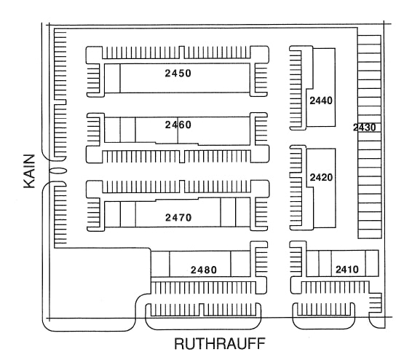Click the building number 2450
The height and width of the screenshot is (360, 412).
[178, 74]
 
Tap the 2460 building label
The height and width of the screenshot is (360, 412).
[178, 125]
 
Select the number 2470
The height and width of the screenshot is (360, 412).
[178, 217]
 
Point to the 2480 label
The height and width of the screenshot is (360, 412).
[204, 270]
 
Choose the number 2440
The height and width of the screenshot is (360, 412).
[321, 101]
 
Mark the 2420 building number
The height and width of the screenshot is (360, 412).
[321, 177]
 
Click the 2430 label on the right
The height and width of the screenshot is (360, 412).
[364, 128]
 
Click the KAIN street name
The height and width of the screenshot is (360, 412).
[30, 171]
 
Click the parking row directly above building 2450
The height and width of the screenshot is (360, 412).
[178, 52]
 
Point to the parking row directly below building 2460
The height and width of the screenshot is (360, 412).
[178, 157]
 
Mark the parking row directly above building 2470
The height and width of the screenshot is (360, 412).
[178, 187]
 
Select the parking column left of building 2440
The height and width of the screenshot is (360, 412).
[296, 86]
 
